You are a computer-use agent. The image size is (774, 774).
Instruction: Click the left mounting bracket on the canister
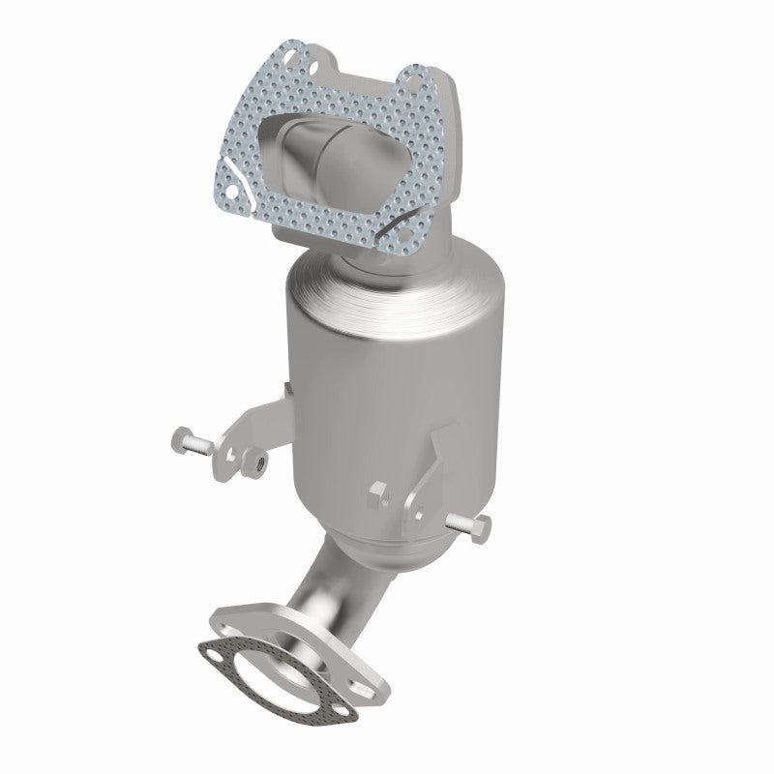click(247, 426)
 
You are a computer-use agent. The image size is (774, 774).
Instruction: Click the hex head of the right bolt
click(482, 526)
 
